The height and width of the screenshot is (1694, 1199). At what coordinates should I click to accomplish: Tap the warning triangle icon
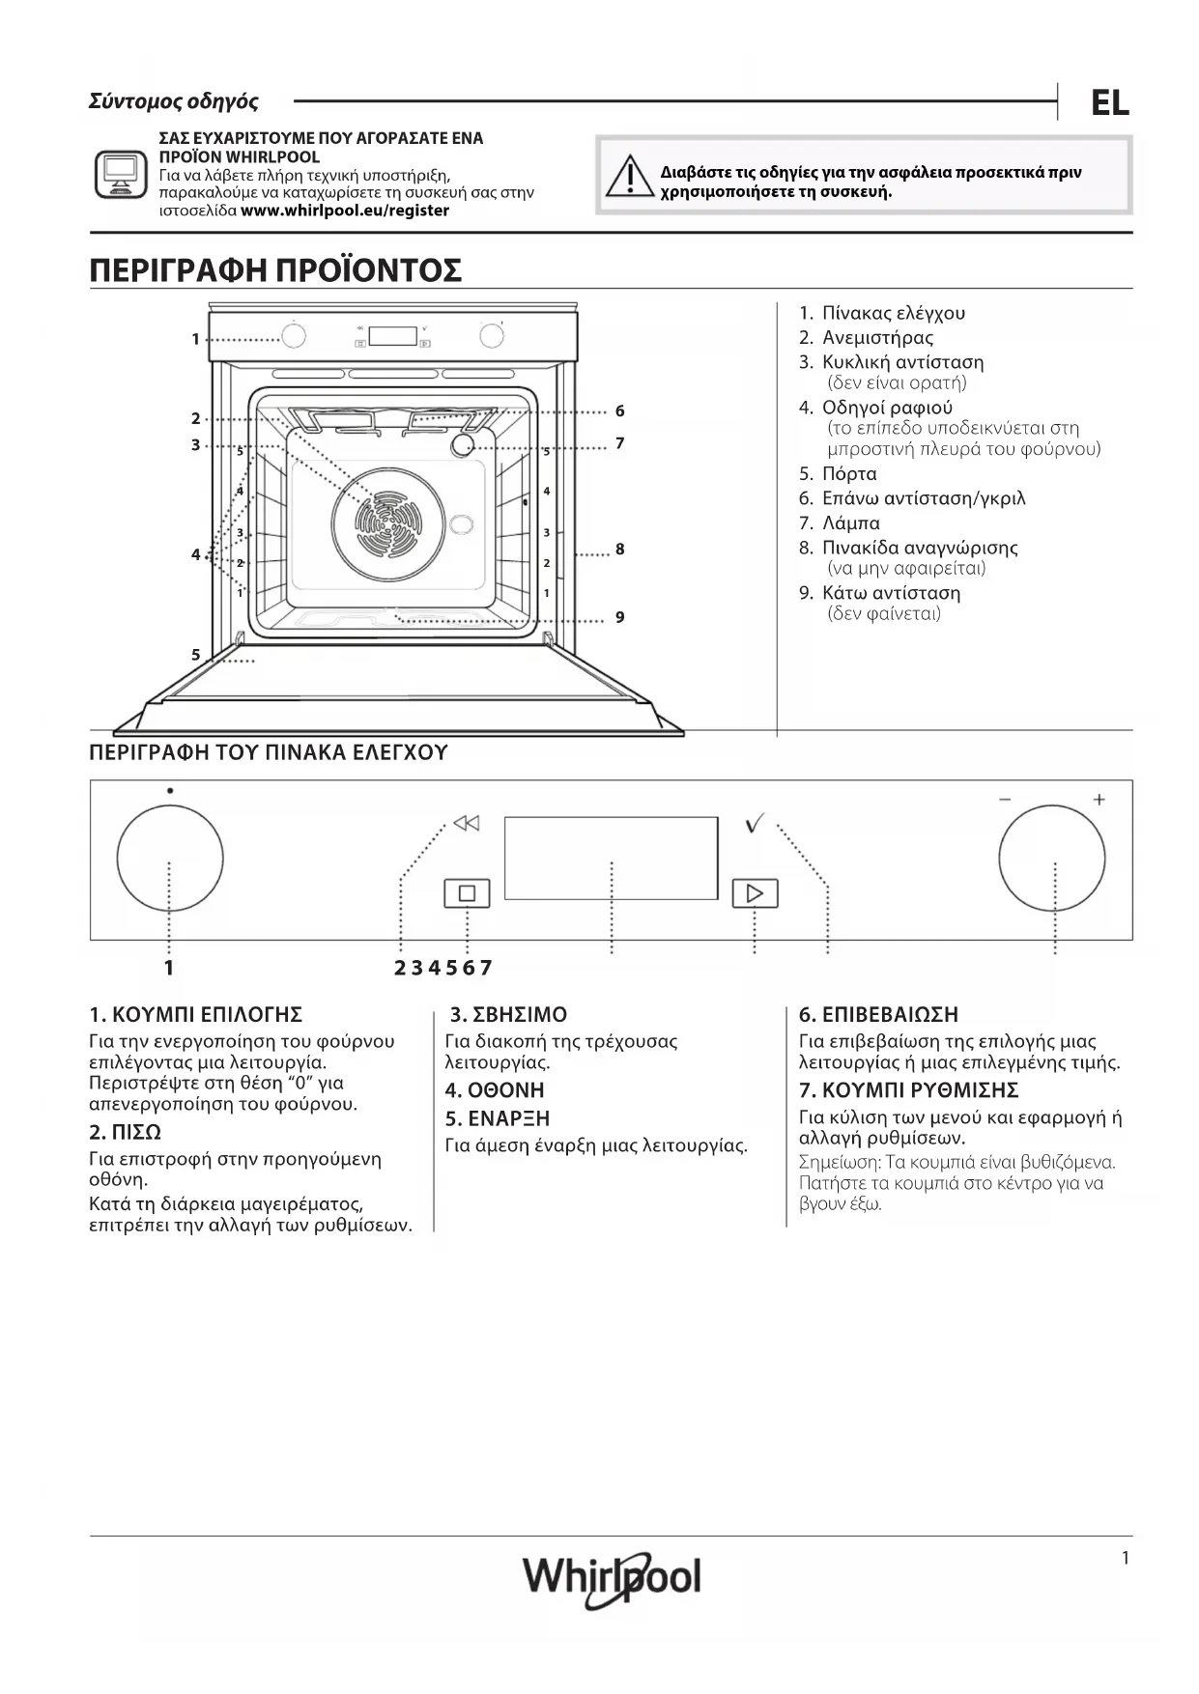[x=629, y=177]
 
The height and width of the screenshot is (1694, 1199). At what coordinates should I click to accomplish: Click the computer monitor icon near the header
[x=121, y=174]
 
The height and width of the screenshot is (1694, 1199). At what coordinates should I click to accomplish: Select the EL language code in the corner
[x=1109, y=103]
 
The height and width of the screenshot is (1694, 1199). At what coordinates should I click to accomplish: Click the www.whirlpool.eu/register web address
[x=345, y=211]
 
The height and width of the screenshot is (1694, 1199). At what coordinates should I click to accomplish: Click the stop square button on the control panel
[x=467, y=893]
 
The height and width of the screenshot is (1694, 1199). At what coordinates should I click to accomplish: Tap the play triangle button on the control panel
[x=755, y=893]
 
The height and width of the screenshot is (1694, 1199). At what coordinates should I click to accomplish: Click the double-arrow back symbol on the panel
[x=467, y=824]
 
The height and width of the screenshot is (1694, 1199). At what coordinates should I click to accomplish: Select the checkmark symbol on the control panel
[x=755, y=824]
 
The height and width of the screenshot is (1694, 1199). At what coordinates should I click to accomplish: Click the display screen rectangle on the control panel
[x=611, y=858]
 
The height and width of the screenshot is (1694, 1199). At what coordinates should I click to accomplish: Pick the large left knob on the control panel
[x=170, y=858]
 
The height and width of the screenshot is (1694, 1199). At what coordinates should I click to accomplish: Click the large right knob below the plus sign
[x=1052, y=860]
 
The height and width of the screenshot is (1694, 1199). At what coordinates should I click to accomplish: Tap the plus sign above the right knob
[x=1099, y=800]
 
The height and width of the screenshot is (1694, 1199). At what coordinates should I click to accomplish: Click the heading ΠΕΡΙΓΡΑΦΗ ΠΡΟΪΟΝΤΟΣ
[x=275, y=270]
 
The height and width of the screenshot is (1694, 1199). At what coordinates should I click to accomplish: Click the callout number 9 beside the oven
[x=620, y=617]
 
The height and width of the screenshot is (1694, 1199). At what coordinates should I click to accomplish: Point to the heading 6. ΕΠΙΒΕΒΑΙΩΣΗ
[x=878, y=1015]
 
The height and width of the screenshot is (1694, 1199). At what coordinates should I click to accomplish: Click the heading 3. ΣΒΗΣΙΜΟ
[x=508, y=1015]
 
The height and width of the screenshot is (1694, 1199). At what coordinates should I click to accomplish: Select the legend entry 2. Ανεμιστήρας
[x=867, y=338]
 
